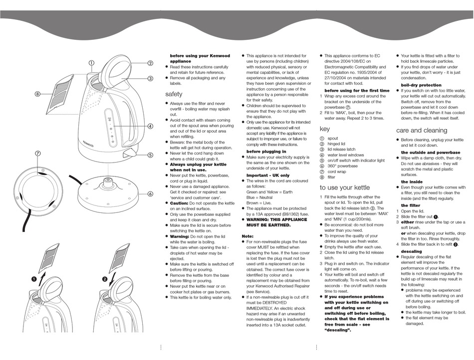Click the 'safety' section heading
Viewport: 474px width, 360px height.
174,94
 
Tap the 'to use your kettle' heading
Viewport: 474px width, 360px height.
345,187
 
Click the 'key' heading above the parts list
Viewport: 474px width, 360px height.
324,129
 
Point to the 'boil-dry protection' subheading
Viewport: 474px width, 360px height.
421,85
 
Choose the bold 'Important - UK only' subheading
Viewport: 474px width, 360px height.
268,176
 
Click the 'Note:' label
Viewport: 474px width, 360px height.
248,236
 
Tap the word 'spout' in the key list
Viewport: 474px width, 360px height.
333,139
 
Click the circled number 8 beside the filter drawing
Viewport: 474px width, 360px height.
37,94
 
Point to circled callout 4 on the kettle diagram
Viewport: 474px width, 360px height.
150,127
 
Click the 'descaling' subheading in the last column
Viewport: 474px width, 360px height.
411,251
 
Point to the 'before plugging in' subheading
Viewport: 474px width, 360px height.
266,151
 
